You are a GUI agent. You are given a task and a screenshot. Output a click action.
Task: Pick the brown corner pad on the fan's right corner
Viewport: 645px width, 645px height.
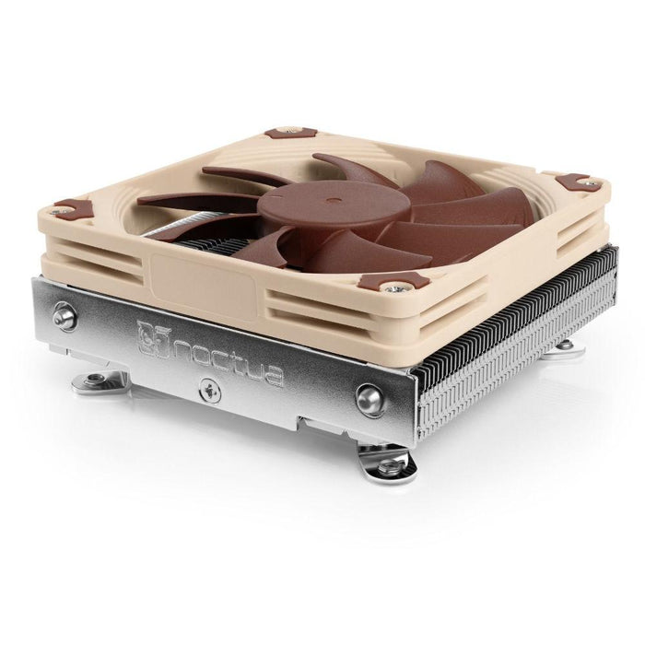pos(578,181)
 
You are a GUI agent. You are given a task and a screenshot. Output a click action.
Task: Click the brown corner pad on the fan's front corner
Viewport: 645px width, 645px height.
pos(393,280)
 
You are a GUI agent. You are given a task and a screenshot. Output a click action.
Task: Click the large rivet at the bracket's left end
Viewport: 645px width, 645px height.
pos(64,316)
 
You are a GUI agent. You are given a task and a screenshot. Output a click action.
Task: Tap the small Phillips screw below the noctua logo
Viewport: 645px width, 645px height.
pos(215,393)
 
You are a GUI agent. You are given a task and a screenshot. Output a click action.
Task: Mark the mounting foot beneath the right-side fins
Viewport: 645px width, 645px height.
pos(565,346)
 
